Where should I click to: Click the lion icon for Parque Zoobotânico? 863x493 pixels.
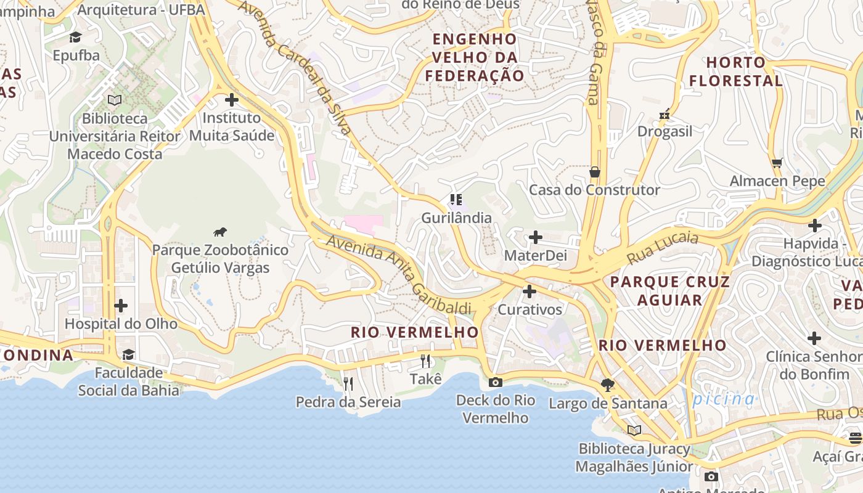(x=220, y=232)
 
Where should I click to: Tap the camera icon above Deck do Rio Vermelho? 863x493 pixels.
(x=495, y=382)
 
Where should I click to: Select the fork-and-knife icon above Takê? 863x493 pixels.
(x=425, y=361)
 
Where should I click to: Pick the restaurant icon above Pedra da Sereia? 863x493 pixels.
(x=348, y=384)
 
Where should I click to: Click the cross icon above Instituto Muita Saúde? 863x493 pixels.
(x=232, y=100)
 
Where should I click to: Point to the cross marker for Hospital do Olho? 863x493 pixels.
(x=121, y=306)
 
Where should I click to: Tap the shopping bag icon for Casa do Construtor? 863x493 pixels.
(x=595, y=172)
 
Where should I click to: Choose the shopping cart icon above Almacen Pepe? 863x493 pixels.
(x=777, y=163)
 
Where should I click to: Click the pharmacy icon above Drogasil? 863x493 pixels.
(x=665, y=114)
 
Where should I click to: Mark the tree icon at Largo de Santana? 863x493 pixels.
(x=608, y=385)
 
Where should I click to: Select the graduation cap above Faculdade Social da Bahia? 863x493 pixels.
(x=128, y=355)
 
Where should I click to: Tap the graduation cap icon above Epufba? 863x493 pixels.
(x=76, y=38)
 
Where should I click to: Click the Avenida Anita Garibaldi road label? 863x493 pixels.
(x=398, y=272)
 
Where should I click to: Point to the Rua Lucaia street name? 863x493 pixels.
(x=663, y=248)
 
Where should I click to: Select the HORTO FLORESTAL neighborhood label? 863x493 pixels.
(x=736, y=71)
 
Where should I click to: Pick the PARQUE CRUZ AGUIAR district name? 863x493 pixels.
(x=669, y=291)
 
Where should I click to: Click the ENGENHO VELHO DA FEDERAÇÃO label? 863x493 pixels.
(x=475, y=57)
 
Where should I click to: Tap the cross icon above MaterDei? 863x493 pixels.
(x=536, y=237)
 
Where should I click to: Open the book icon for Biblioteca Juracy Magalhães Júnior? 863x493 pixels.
(x=634, y=430)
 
